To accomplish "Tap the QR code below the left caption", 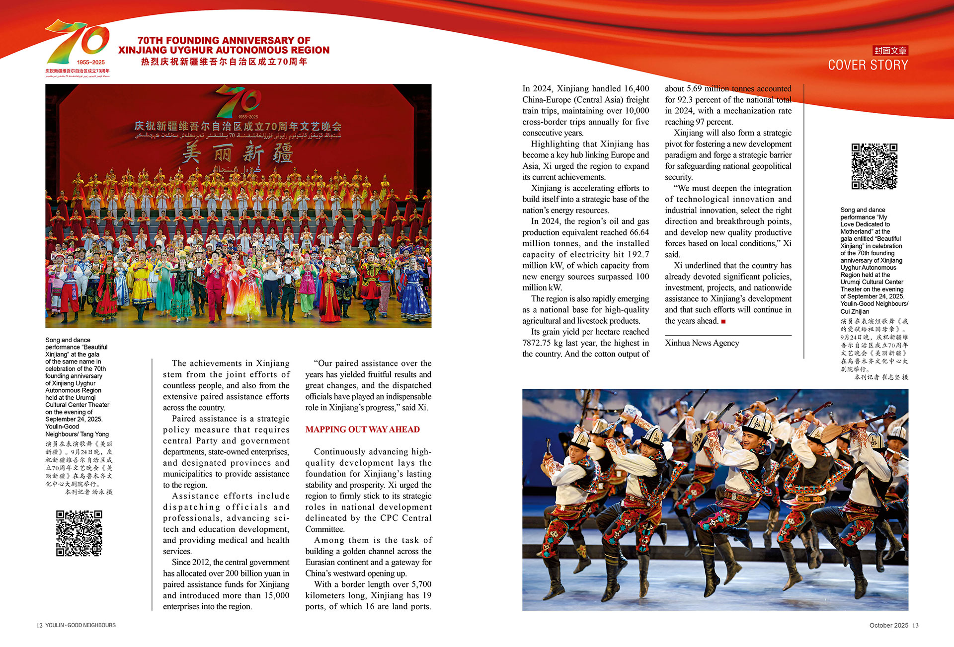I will (79, 533).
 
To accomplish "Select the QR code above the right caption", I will (874, 166).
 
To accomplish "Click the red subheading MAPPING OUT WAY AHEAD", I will (362, 430).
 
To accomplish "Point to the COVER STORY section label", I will (868, 65).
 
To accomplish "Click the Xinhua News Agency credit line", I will (702, 343).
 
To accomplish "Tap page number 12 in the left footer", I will (39, 626).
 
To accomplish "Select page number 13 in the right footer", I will (915, 626).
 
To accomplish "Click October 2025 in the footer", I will (888, 626).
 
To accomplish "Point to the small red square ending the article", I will (723, 322).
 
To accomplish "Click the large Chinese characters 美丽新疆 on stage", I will (238, 154).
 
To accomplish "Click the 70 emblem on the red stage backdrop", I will (238, 102).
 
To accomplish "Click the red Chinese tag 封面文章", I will (890, 51).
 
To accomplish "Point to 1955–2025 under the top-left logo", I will (91, 63).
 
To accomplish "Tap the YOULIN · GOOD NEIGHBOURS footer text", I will (80, 626).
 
